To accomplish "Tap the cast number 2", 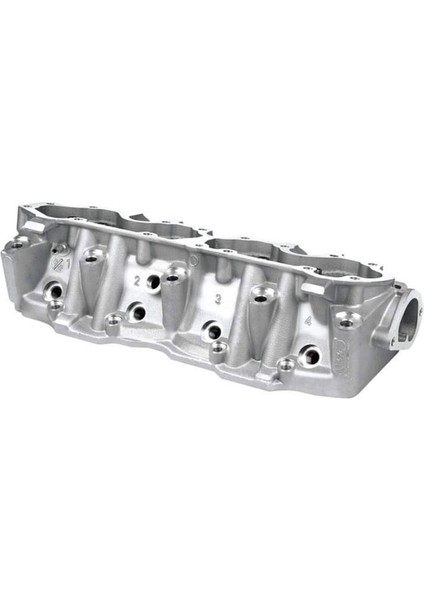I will pyautogui.click(x=137, y=282).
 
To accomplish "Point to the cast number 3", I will pyautogui.click(x=217, y=300).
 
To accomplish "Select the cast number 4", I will pyautogui.click(x=307, y=321).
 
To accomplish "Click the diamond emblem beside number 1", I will pyautogui.click(x=57, y=262).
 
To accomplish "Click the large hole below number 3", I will pyautogui.click(x=211, y=328).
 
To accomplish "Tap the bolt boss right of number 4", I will pyautogui.click(x=346, y=323).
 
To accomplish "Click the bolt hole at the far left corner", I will pyautogui.click(x=17, y=243).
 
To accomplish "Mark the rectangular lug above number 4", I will pyautogui.click(x=313, y=287).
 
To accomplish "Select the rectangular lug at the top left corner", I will pyautogui.click(x=33, y=228).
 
